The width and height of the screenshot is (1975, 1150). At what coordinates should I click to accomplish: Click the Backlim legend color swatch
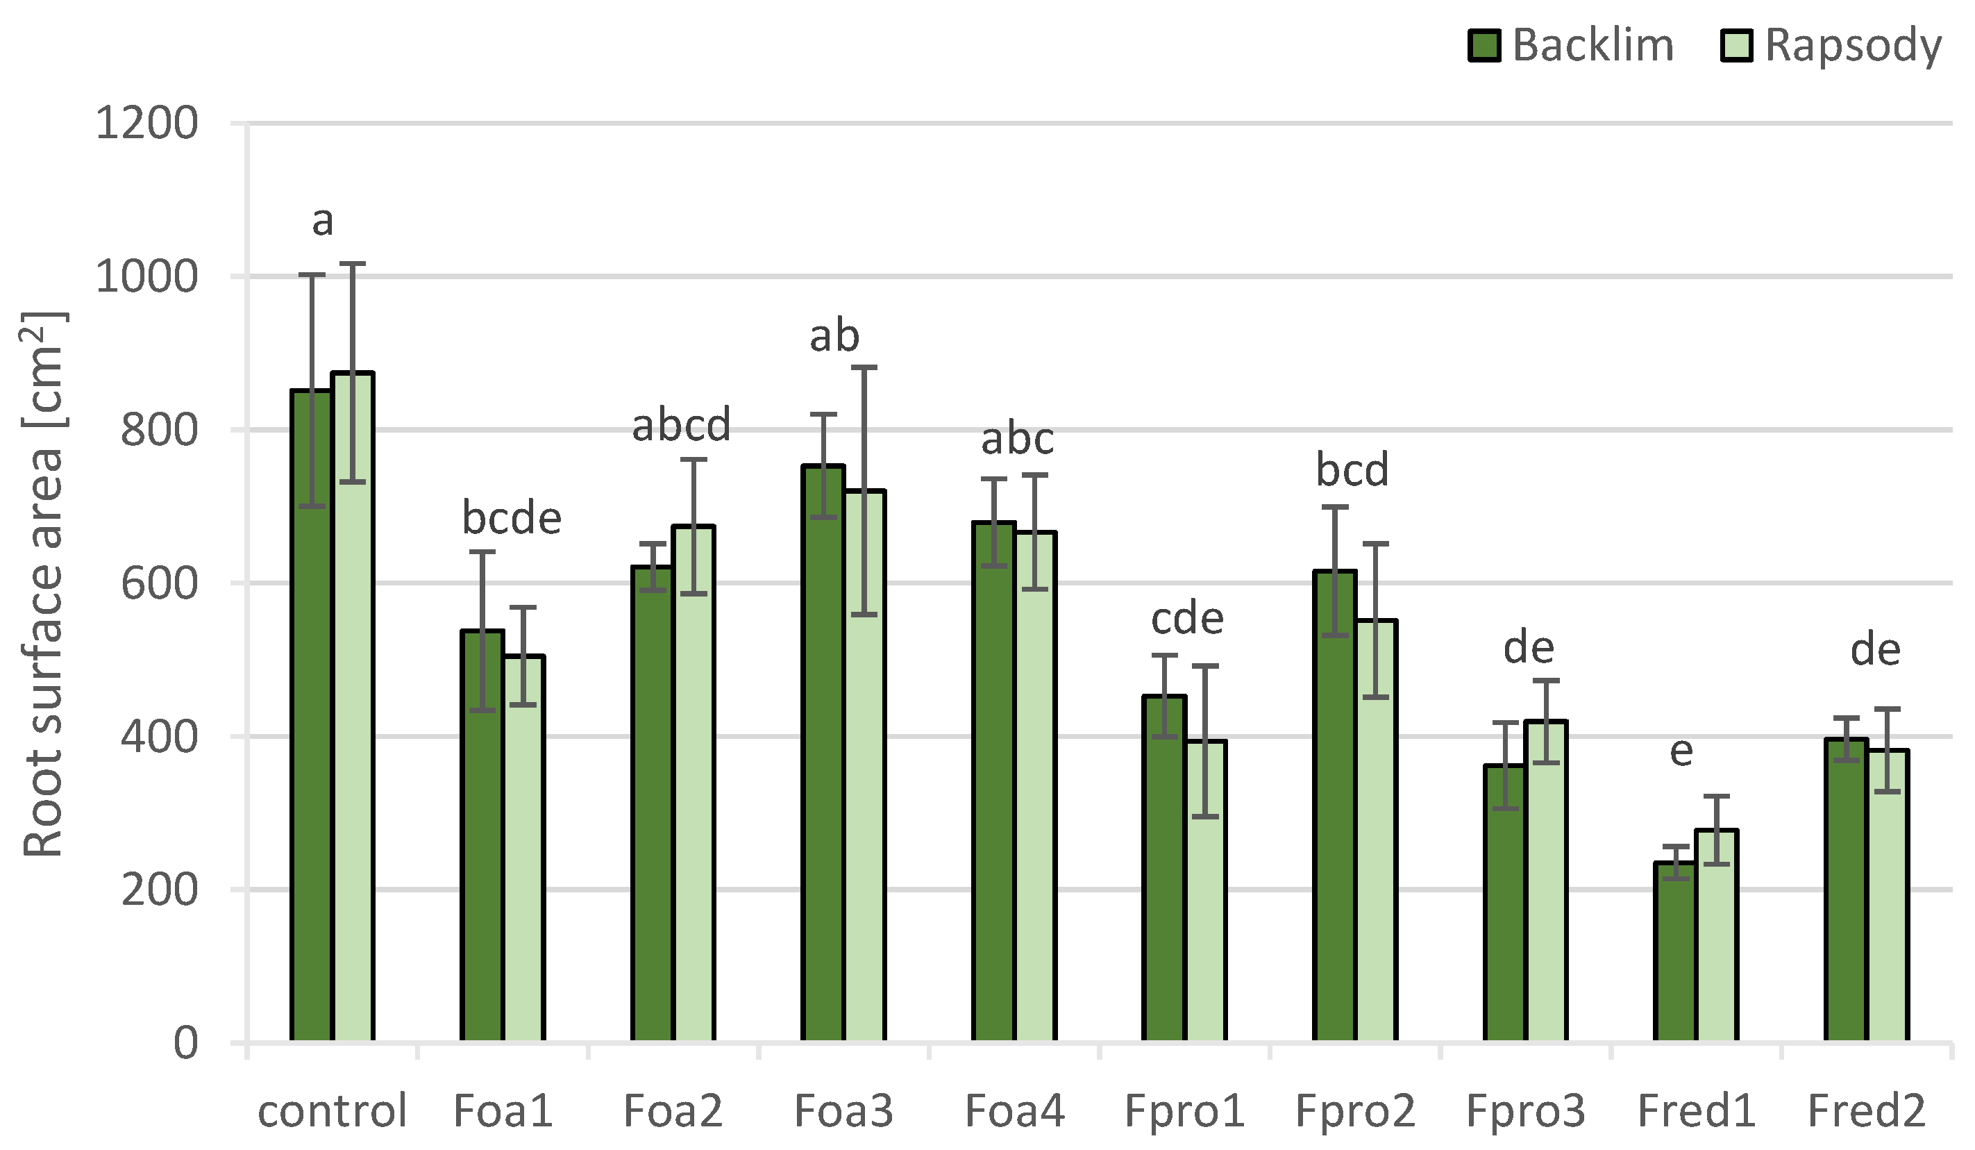(1484, 45)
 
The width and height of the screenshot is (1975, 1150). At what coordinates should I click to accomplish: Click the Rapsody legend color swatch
(1736, 45)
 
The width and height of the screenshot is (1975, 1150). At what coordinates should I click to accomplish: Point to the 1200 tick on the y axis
(146, 123)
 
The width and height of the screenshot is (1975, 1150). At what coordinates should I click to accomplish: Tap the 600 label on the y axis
(158, 583)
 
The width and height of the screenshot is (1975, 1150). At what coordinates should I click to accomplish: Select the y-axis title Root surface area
(43, 584)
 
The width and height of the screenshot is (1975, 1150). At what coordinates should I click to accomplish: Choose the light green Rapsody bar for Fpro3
(1546, 881)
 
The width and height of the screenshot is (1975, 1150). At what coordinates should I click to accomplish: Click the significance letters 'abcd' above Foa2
(681, 425)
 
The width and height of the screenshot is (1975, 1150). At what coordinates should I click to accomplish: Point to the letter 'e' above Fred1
(1681, 751)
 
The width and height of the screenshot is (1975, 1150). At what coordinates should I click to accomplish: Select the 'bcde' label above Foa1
(512, 518)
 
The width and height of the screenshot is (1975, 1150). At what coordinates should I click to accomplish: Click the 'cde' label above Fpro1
(1186, 619)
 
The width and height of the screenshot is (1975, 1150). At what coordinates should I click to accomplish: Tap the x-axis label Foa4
(1014, 1111)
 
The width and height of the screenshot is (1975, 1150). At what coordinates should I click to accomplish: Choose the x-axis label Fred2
(1866, 1111)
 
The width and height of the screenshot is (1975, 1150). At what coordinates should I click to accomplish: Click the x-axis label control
(333, 1111)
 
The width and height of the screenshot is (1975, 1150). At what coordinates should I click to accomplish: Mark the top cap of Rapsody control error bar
(353, 264)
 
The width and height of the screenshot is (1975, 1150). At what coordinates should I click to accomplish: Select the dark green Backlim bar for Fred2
(1846, 890)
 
